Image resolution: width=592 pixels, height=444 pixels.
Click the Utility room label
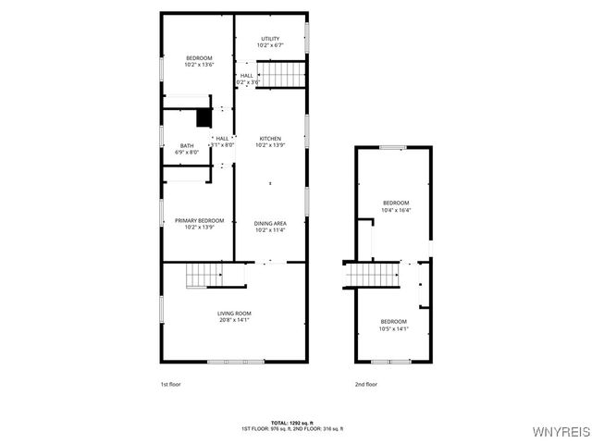click(270, 39)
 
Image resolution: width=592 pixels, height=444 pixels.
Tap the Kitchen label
click(270, 139)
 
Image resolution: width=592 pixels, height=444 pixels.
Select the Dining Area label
click(270, 223)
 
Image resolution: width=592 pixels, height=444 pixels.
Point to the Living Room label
click(234, 314)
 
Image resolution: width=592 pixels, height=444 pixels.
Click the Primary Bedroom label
click(200, 220)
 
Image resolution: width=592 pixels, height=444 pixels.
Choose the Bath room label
click(187, 145)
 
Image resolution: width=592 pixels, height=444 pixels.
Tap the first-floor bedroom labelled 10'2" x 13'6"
click(199, 58)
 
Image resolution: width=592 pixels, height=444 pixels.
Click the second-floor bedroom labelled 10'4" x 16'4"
click(396, 202)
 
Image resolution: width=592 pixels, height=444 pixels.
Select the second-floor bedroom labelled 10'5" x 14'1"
click(393, 321)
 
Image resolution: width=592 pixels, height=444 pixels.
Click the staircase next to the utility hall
click(280, 73)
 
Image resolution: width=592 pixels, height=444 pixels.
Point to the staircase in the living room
click(204, 275)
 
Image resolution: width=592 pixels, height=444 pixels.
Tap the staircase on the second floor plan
click(372, 275)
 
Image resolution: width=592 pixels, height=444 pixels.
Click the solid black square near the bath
click(203, 117)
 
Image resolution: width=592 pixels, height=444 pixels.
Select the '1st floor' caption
click(171, 384)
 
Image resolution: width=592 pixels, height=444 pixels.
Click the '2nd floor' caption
click(366, 384)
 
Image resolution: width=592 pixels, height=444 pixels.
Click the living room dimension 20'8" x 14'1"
click(234, 320)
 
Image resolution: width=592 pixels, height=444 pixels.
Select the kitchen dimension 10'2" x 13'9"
click(270, 145)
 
